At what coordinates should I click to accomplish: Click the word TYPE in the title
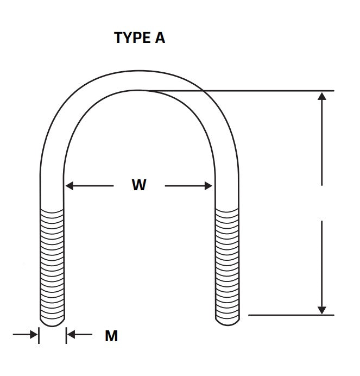point(132,37)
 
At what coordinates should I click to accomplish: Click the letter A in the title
point(160,37)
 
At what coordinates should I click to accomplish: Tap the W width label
point(139,185)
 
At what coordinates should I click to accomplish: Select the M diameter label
point(111,336)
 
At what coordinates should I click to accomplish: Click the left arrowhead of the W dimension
point(70,186)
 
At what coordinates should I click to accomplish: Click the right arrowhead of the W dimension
point(209,186)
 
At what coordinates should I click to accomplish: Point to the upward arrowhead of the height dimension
point(321,96)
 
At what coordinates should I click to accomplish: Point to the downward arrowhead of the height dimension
point(321,310)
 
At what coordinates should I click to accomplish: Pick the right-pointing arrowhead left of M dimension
point(34,334)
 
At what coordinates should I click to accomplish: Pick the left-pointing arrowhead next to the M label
point(71,334)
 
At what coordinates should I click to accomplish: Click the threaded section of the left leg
point(52,264)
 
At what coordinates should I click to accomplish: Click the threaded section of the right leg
point(227,264)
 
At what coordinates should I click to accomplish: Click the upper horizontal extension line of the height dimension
point(239,91)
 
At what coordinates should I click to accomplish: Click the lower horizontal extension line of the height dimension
point(291,315)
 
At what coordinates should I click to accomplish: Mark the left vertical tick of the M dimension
point(39,335)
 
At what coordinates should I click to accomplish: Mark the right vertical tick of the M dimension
point(66,335)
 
